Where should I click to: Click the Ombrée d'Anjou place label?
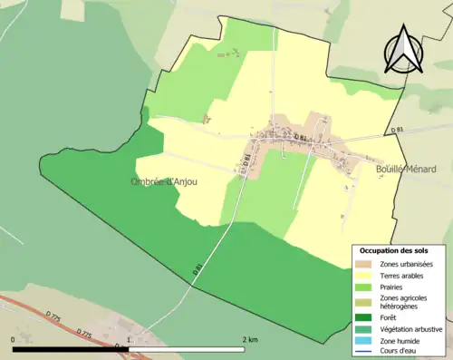click(x=163, y=180)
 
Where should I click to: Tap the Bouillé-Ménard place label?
click(x=405, y=169)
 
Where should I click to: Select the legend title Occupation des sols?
click(x=394, y=250)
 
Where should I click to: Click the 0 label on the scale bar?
click(x=14, y=338)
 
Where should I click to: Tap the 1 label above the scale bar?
click(x=130, y=338)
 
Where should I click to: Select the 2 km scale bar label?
click(x=251, y=338)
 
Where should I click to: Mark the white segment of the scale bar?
click(x=188, y=348)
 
